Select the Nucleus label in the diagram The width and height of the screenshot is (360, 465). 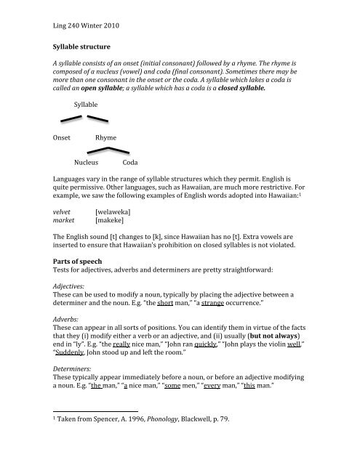pos(91,163)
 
